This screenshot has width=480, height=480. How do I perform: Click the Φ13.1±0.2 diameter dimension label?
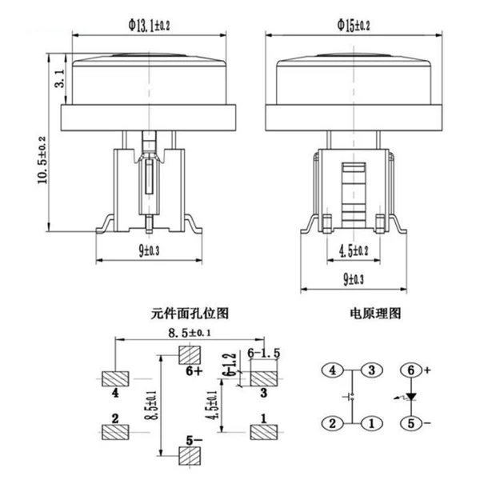(x=149, y=26)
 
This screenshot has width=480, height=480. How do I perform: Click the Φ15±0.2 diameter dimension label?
(x=354, y=26)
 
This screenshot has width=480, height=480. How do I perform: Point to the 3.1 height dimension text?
(x=60, y=78)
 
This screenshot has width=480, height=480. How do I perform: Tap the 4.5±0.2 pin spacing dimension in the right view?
(x=354, y=250)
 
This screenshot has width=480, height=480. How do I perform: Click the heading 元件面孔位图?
(x=190, y=313)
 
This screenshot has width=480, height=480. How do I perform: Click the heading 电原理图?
(x=375, y=313)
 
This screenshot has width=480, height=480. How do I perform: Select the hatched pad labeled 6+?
(x=190, y=355)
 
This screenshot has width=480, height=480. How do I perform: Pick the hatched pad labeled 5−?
(x=190, y=455)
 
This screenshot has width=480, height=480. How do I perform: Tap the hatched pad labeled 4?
(x=115, y=378)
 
